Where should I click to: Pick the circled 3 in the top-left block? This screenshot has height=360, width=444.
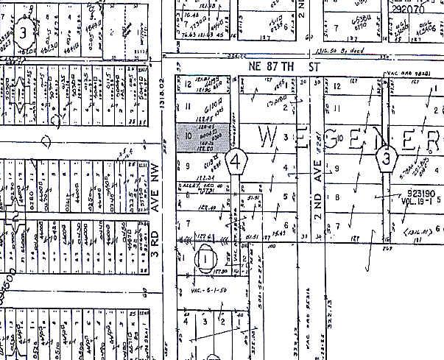24,32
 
